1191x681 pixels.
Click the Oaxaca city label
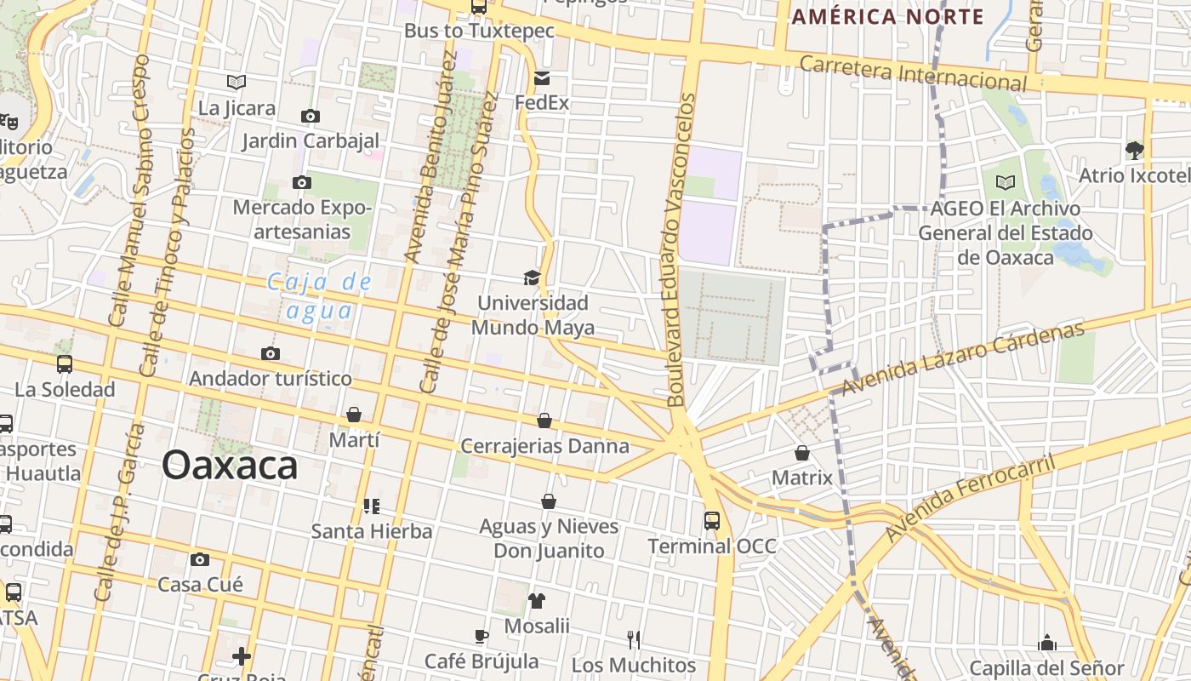[x=230, y=466]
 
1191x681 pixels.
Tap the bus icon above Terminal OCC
[x=712, y=520]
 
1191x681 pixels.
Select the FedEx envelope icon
[x=542, y=79]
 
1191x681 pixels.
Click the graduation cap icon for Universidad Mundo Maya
[x=532, y=278]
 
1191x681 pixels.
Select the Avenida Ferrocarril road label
[x=969, y=498]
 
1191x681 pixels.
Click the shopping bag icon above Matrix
[x=801, y=453]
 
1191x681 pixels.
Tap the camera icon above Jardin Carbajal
[x=310, y=116]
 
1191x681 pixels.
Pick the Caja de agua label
[x=319, y=295]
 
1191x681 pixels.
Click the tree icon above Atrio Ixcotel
[x=1134, y=151]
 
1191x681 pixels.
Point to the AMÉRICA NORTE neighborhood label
[x=887, y=16]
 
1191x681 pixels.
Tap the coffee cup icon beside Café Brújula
[x=482, y=636]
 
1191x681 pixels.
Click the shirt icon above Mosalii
[x=536, y=601]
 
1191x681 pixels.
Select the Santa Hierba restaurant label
[x=372, y=531]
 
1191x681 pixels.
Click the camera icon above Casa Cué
[x=200, y=559]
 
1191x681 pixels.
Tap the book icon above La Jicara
[x=236, y=82]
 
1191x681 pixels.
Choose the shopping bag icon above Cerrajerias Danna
[x=544, y=421]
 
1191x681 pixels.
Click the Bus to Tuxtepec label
[x=479, y=31]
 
